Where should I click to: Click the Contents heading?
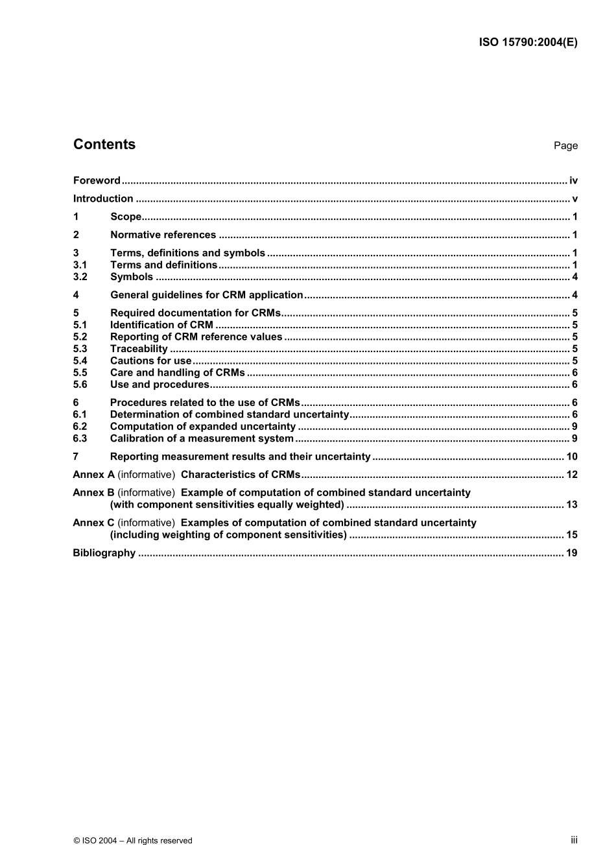104,145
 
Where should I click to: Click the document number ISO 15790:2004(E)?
528,42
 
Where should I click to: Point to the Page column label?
565,146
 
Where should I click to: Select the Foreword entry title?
97,180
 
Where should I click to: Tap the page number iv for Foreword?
573,180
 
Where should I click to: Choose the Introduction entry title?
103,198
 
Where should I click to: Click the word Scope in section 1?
126,217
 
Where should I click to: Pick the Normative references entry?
163,235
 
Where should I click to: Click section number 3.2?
80,277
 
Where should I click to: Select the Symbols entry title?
132,277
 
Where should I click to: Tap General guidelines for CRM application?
206,295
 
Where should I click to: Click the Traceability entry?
139,349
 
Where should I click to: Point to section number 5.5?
80,372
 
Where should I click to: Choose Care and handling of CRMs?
177,372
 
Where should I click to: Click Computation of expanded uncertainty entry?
202,426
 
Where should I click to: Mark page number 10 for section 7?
572,457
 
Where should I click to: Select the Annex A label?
93,475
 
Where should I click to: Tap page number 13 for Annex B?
572,505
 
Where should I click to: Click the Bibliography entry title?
104,553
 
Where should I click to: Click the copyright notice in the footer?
133,840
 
